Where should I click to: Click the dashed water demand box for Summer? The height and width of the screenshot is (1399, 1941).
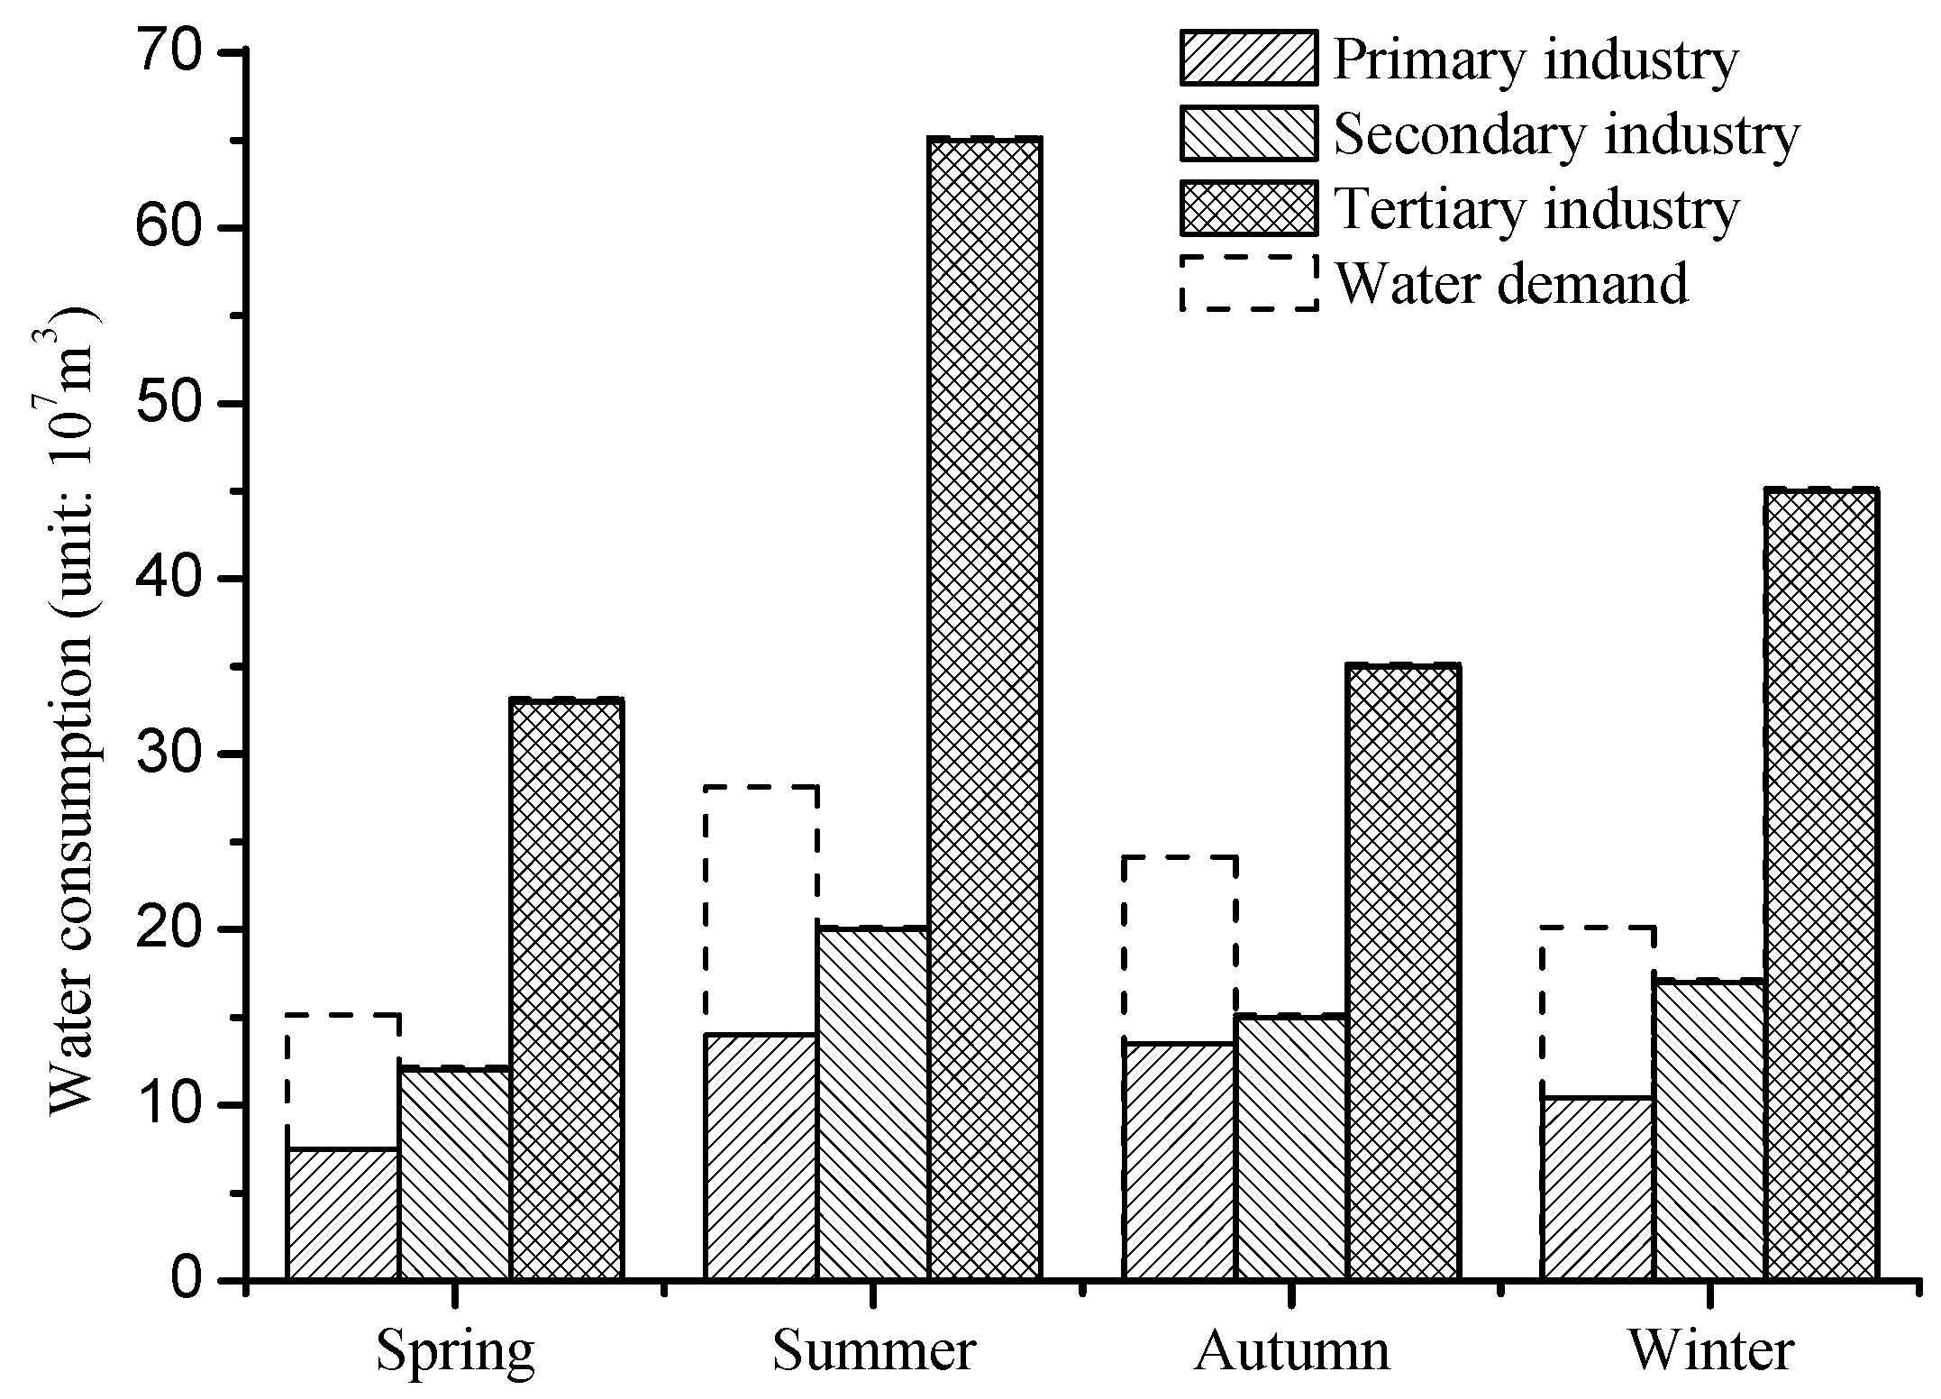point(761,910)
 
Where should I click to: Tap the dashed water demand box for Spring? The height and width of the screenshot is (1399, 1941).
point(343,1082)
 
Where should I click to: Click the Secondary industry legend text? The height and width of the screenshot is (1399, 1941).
point(1566,135)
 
